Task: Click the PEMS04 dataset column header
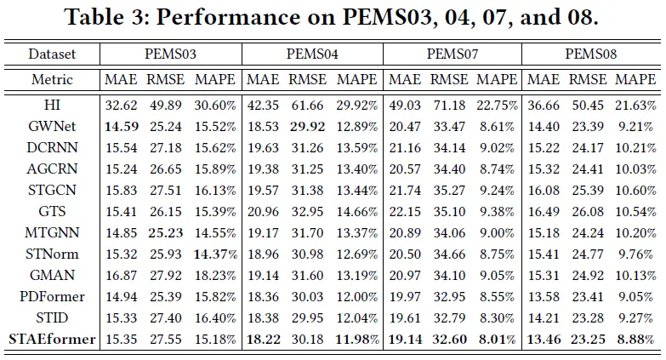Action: (313, 54)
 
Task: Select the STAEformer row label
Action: (52, 340)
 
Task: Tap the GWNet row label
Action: (52, 125)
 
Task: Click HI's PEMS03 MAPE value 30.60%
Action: (215, 106)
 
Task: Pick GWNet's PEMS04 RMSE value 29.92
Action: (306, 125)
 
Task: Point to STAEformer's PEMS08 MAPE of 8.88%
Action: (635, 340)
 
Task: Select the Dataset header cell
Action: (52, 54)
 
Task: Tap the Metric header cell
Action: (52, 80)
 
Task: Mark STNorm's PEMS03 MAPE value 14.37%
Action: (215, 254)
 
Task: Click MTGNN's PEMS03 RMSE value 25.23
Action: (165, 232)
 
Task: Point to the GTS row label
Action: (52, 210)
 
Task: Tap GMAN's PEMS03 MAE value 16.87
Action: (120, 276)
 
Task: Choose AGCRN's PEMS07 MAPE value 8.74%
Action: (497, 168)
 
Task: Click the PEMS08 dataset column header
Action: (591, 54)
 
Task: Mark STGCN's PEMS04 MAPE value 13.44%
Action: (356, 189)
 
